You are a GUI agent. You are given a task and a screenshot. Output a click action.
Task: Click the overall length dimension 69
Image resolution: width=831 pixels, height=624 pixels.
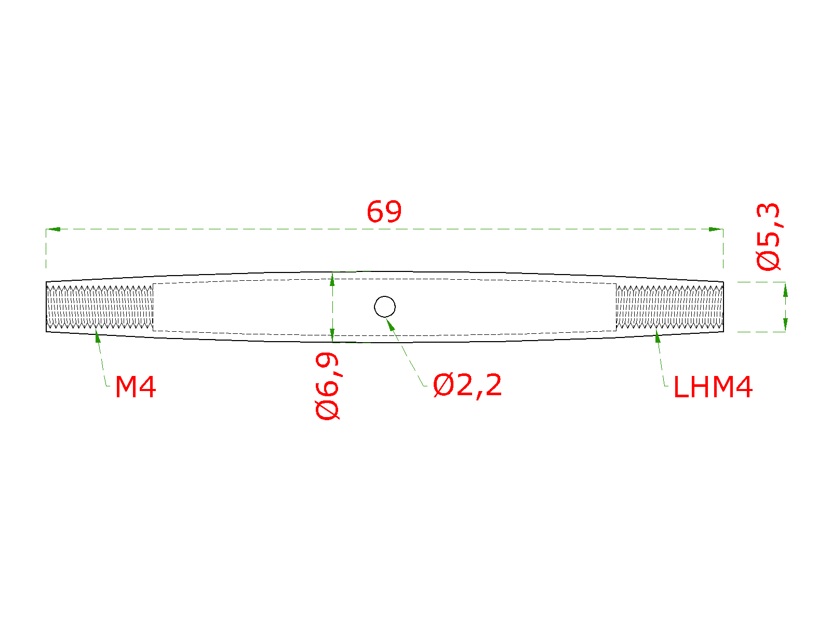[x=384, y=212]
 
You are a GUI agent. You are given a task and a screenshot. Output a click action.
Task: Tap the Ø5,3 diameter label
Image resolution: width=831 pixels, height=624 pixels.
[x=768, y=237]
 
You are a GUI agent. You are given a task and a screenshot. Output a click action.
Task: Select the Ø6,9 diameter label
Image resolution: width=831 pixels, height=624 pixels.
[x=327, y=386]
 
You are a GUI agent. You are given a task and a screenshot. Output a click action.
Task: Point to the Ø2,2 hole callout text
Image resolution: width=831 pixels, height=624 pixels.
[x=467, y=385]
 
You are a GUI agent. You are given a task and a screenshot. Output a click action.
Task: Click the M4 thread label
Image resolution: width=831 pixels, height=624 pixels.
[x=136, y=387]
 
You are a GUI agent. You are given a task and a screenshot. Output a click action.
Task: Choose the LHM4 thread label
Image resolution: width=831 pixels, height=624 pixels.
[x=713, y=387]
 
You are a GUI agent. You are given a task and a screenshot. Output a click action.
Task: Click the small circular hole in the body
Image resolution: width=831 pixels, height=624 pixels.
[x=385, y=306]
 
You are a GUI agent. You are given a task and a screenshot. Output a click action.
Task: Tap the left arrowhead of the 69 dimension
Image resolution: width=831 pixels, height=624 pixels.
[x=53, y=229]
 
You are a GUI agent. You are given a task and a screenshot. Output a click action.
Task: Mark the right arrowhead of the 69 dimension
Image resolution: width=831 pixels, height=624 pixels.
[x=716, y=229]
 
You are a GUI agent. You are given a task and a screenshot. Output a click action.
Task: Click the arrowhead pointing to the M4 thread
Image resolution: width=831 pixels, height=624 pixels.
[x=98, y=336]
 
